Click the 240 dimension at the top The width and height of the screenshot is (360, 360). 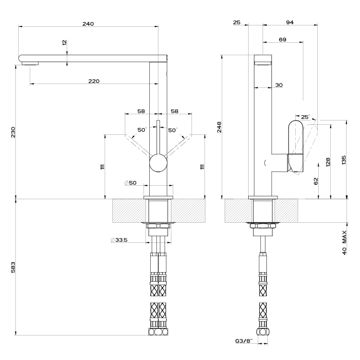(x=88, y=24)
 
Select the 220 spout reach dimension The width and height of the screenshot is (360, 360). (x=94, y=81)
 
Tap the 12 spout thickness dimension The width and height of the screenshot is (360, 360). (x=64, y=42)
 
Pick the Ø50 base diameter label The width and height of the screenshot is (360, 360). (x=130, y=183)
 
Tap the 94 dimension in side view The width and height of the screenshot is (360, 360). (x=289, y=22)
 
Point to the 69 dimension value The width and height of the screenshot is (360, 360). (x=282, y=39)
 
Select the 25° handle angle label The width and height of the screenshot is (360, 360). (x=306, y=117)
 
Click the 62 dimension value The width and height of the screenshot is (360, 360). (x=315, y=180)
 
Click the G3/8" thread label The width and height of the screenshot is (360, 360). (x=244, y=342)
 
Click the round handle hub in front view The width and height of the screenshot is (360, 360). (x=158, y=164)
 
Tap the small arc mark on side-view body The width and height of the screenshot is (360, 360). (x=264, y=163)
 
